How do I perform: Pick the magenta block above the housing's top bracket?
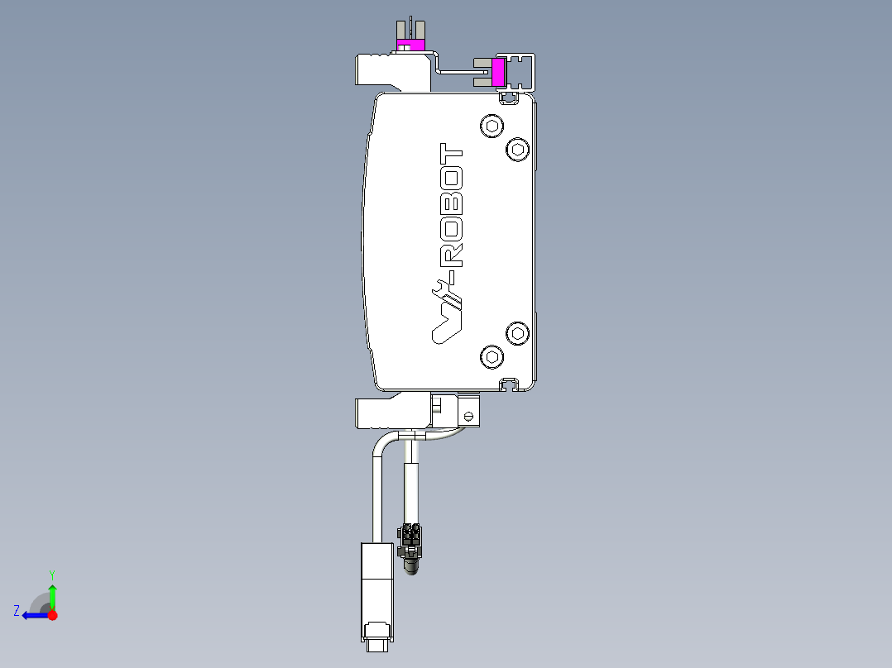pos(410,44)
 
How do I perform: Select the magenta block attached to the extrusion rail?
pos(499,71)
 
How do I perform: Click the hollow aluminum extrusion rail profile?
pos(522,72)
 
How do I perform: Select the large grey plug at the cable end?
pos(376,591)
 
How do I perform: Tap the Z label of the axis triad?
pos(17,610)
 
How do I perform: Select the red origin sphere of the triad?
pos(52,615)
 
